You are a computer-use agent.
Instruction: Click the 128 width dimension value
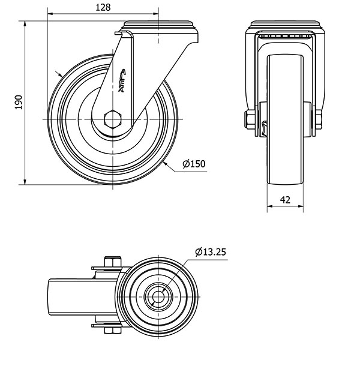[103, 7]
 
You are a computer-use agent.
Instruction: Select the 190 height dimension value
[19, 102]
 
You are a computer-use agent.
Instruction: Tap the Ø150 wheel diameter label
[194, 164]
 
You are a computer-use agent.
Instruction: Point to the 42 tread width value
[285, 200]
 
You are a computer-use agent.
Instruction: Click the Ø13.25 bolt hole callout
[211, 252]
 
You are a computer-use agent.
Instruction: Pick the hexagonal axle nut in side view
[113, 119]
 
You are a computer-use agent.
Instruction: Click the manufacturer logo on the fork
[122, 80]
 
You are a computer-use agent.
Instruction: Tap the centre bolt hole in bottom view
[158, 296]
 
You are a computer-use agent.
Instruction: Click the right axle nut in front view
[319, 119]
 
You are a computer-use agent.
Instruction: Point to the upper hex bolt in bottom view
[113, 262]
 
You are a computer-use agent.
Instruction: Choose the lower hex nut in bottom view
[112, 330]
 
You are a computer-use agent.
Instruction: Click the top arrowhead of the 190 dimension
[25, 24]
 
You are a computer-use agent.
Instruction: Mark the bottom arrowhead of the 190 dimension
[25, 181]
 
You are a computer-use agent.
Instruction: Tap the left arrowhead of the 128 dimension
[50, 14]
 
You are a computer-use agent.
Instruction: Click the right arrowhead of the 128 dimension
[155, 14]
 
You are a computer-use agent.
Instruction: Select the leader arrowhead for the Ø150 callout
[165, 164]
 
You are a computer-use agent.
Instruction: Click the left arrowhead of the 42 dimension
[270, 206]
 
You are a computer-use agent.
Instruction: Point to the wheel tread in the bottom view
[83, 297]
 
